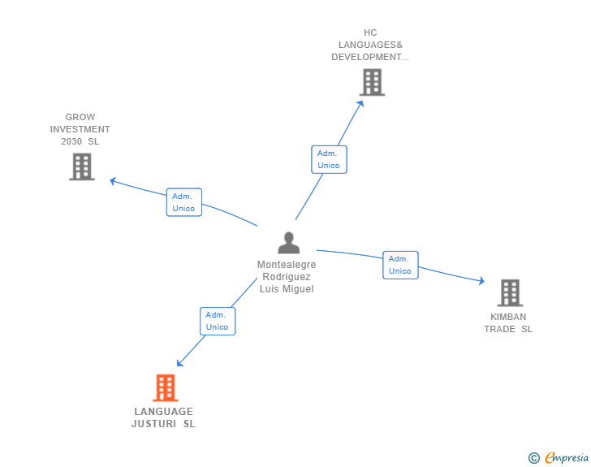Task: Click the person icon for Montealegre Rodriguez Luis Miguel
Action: (288, 243)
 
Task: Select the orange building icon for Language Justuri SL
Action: (165, 388)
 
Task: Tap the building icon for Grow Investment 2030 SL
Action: (82, 166)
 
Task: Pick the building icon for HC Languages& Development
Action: (372, 82)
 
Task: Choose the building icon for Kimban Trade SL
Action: (509, 292)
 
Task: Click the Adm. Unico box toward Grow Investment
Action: (184, 202)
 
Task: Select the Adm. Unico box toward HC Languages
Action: (329, 159)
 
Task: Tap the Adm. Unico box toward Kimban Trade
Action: (400, 265)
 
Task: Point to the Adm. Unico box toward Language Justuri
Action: (218, 321)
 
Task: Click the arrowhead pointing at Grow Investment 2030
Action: (114, 180)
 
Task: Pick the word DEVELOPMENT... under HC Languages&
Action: (370, 57)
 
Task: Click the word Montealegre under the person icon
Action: (287, 265)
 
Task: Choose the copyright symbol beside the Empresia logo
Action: (533, 458)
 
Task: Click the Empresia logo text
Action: (567, 457)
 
